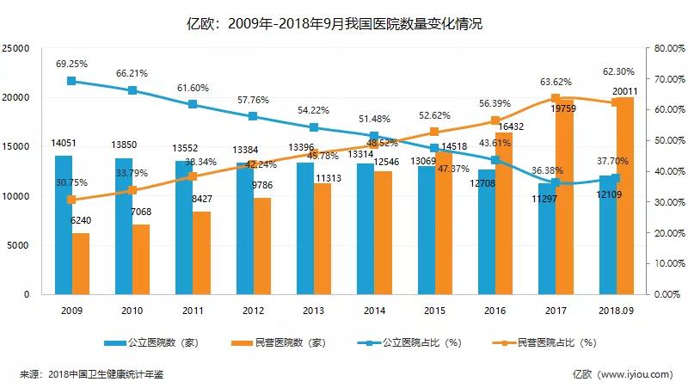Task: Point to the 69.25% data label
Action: pos(71,65)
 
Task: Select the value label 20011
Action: pos(625,92)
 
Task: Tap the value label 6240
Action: pos(81,220)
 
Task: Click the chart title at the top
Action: pos(344,23)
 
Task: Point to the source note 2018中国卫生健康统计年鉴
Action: pos(106,374)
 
